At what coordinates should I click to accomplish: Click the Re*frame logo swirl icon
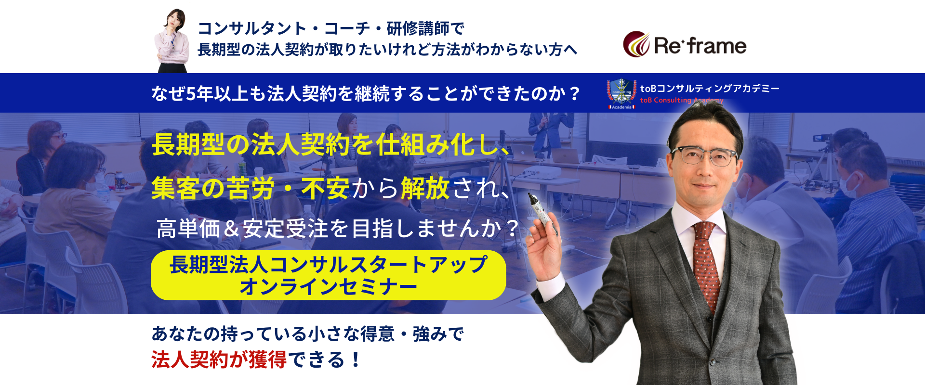click(636, 44)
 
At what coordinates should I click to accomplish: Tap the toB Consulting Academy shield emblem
click(621, 94)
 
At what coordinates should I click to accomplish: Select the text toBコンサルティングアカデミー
click(710, 89)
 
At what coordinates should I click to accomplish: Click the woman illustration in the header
click(172, 41)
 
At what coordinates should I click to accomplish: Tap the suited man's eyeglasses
click(705, 156)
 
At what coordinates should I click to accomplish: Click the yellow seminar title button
click(328, 275)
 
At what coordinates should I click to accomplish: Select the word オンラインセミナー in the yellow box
click(328, 287)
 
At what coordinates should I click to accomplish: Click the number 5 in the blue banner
click(191, 93)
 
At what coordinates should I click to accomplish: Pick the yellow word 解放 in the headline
click(425, 188)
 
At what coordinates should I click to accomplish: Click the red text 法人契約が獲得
click(219, 359)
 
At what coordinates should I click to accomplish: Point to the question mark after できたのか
click(574, 93)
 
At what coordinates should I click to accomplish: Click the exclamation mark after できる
click(356, 359)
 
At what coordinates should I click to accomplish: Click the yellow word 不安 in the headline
click(325, 188)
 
